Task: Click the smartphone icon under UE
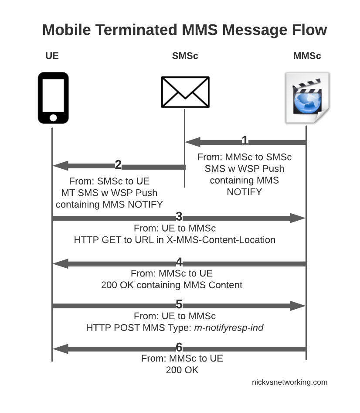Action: [53, 98]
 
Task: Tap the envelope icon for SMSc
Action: [185, 92]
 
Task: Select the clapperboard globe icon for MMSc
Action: [307, 98]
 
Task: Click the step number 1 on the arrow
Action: [245, 140]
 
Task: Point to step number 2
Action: [118, 165]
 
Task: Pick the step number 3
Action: [179, 217]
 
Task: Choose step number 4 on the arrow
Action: [179, 262]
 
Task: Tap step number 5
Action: [179, 304]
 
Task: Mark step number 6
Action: [179, 348]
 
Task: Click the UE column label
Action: [52, 56]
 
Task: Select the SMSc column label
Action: [185, 56]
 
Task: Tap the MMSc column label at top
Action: [307, 56]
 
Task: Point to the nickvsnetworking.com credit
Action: [289, 382]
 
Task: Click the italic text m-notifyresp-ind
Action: [228, 327]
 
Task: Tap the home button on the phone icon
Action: [53, 117]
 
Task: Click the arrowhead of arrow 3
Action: [297, 218]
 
